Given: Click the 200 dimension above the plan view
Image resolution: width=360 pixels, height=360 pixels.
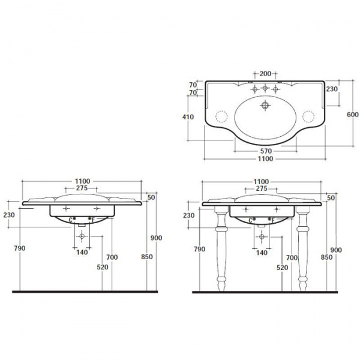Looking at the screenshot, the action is pyautogui.click(x=265, y=74).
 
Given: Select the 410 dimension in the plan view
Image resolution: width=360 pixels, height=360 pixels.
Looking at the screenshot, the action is pyautogui.click(x=188, y=117).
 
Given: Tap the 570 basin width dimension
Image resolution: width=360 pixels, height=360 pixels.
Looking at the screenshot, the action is pyautogui.click(x=266, y=151).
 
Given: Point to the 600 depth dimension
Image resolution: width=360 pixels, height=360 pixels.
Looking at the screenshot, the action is pyautogui.click(x=352, y=115).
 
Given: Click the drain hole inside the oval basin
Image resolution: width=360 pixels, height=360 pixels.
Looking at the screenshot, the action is pyautogui.click(x=265, y=106).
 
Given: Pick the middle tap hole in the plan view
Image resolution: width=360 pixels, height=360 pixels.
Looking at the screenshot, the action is pyautogui.click(x=265, y=88).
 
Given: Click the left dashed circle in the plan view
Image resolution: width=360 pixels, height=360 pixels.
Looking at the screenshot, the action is pyautogui.click(x=221, y=116).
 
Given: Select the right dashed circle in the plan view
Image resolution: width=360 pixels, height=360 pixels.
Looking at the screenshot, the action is pyautogui.click(x=308, y=116).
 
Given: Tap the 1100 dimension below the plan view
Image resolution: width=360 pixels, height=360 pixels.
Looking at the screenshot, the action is pyautogui.click(x=265, y=158).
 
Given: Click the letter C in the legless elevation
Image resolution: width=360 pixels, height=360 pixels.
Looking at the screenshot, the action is pyautogui.click(x=71, y=220).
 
